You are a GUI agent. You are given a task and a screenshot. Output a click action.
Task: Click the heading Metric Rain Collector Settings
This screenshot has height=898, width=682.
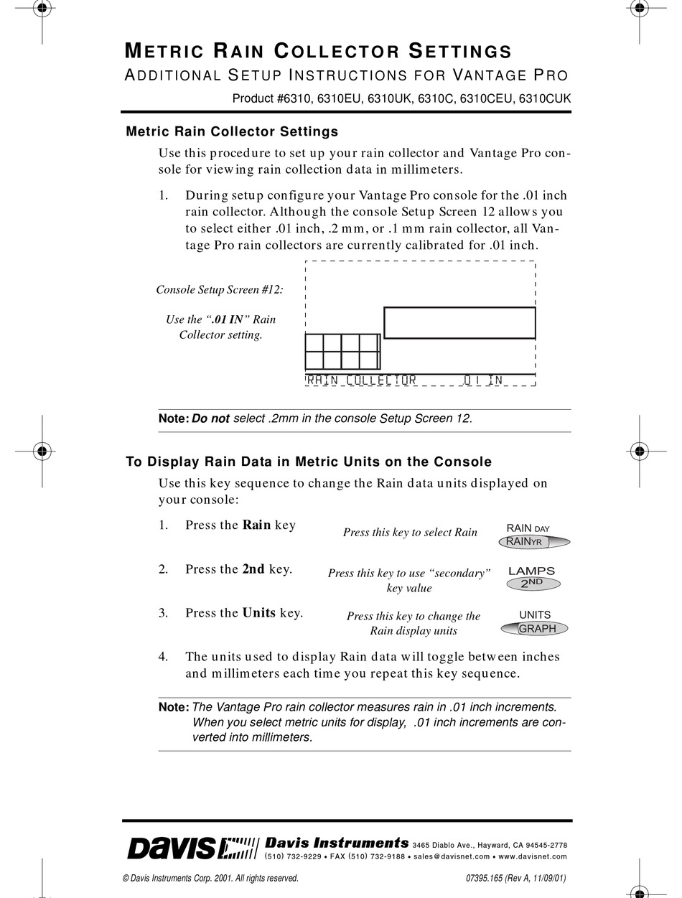click(232, 131)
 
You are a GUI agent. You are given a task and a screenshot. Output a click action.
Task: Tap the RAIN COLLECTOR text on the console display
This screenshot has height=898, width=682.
click(362, 380)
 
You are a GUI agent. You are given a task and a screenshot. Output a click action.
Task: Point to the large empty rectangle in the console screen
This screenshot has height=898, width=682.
click(459, 322)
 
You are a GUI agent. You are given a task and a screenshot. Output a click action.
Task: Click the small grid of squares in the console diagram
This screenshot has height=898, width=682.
click(342, 351)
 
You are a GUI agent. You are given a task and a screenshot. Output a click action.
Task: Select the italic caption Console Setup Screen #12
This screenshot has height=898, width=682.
click(220, 289)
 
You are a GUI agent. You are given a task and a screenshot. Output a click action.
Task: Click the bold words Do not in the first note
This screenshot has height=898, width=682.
click(210, 418)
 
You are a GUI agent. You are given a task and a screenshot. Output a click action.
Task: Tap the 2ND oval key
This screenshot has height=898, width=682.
click(533, 583)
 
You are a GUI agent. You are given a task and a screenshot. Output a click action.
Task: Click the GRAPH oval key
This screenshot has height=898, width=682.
click(535, 628)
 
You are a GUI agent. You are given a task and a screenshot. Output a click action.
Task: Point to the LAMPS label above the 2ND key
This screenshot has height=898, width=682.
click(531, 571)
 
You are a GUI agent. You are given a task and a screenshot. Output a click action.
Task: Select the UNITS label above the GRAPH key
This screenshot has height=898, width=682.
click(535, 614)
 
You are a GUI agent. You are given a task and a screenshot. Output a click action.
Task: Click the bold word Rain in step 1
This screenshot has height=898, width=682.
click(256, 525)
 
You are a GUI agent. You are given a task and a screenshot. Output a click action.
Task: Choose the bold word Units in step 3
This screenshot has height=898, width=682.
click(258, 612)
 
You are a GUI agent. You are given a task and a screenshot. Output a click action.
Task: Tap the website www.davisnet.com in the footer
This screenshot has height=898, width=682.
click(532, 856)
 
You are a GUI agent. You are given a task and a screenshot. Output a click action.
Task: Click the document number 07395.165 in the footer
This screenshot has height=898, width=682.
click(486, 878)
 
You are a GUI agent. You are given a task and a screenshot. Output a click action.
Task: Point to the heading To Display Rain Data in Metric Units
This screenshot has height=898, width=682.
click(309, 462)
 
